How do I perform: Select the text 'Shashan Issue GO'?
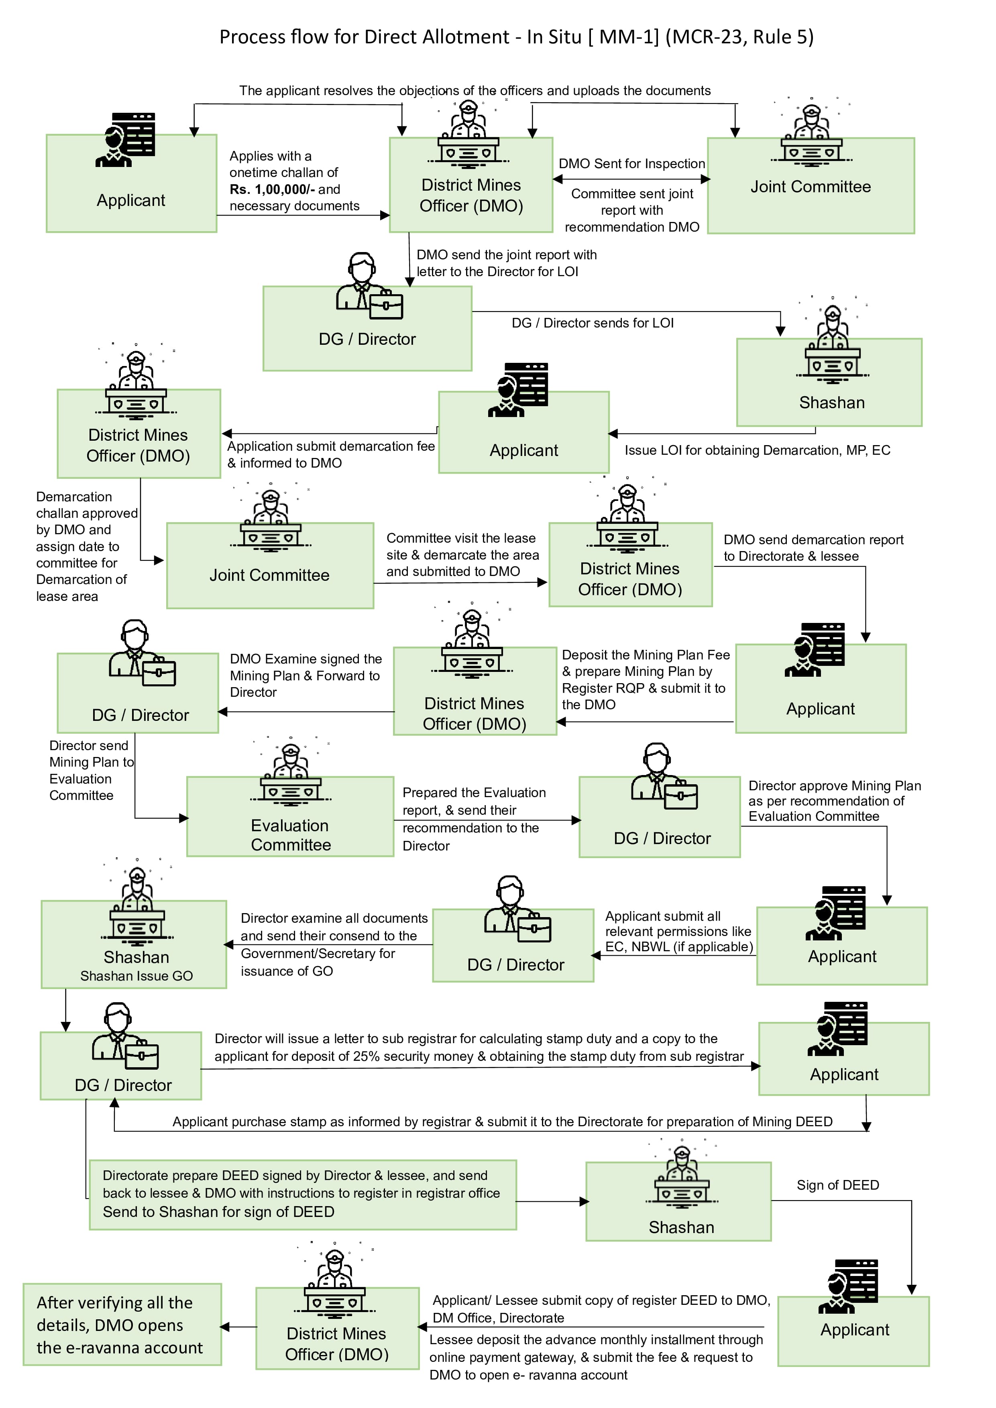click(136, 976)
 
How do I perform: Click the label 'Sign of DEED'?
click(838, 1185)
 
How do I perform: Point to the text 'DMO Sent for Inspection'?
click(632, 164)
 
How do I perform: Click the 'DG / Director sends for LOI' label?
click(593, 323)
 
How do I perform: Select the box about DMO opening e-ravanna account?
click(122, 1325)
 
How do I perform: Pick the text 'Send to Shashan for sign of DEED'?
click(218, 1212)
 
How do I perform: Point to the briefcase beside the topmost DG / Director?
click(386, 305)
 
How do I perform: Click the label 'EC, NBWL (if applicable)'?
click(679, 946)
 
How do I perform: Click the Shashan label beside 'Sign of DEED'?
click(681, 1227)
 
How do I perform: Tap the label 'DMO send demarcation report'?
click(813, 540)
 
